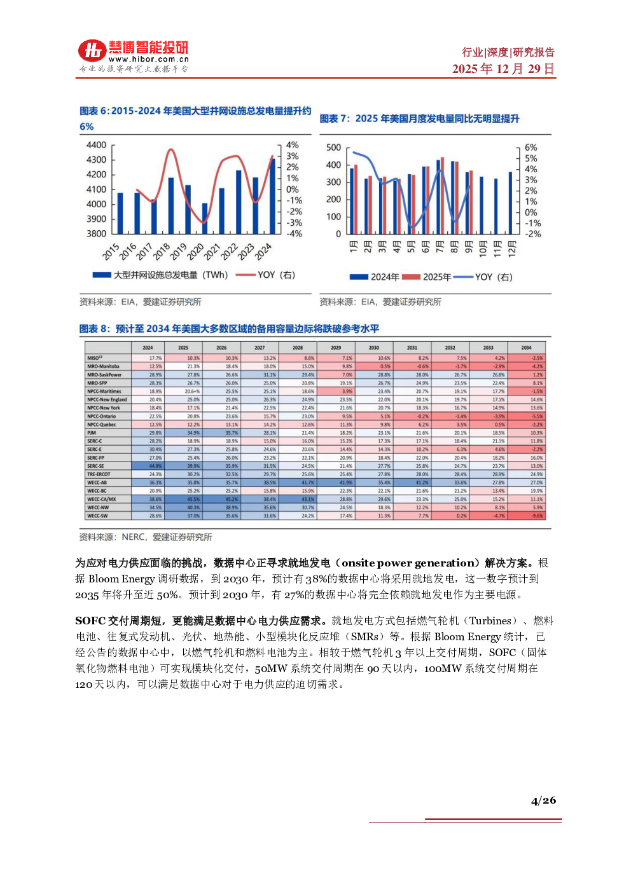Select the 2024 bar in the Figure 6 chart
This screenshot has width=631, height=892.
coord(272,196)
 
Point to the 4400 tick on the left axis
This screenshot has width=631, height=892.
coord(96,145)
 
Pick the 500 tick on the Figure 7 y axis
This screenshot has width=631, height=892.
coord(333,148)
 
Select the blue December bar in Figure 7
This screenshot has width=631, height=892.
coord(510,203)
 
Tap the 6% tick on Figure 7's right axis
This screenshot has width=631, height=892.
coord(530,148)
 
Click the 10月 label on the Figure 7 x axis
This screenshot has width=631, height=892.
coord(483,247)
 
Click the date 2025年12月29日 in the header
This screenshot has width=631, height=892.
coord(503,69)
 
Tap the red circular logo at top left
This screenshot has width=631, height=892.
coord(92,51)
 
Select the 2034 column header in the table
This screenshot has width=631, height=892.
coord(526,348)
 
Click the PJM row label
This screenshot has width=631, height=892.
coord(92,433)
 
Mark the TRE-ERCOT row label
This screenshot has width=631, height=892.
coord(99,474)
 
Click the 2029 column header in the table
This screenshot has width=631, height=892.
coord(336,348)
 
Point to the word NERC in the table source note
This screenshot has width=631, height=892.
coord(133,537)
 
